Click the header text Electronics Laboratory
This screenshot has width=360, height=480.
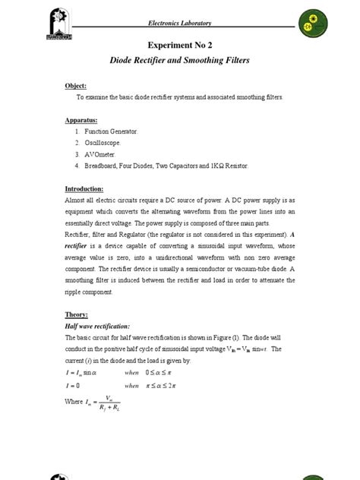click(180, 24)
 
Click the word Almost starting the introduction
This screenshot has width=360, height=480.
click(77, 200)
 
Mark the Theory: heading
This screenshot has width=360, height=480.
click(77, 314)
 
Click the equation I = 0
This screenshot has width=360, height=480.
click(74, 385)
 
